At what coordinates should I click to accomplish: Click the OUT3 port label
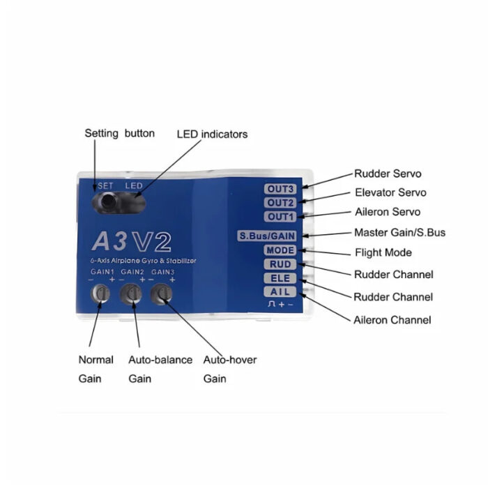280,189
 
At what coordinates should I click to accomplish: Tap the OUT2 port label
280,203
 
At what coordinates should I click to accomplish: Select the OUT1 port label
280,217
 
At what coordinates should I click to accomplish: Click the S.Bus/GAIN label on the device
267,236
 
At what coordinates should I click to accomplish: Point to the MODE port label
280,250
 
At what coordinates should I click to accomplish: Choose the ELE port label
280,278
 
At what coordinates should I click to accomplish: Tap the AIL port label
280,292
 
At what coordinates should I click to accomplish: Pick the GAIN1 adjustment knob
100,293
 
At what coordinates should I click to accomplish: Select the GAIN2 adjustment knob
131,293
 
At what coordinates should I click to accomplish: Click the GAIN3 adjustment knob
161,294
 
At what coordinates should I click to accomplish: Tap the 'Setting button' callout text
120,134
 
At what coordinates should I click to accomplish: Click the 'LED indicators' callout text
212,135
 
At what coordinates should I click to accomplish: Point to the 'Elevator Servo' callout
390,192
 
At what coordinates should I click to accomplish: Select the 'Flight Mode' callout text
383,252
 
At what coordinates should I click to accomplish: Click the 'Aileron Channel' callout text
392,320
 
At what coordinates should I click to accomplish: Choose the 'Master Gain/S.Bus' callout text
400,232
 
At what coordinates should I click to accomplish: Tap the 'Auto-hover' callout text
230,360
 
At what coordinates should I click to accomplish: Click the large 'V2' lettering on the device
151,241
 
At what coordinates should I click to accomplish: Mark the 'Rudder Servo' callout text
388,174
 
